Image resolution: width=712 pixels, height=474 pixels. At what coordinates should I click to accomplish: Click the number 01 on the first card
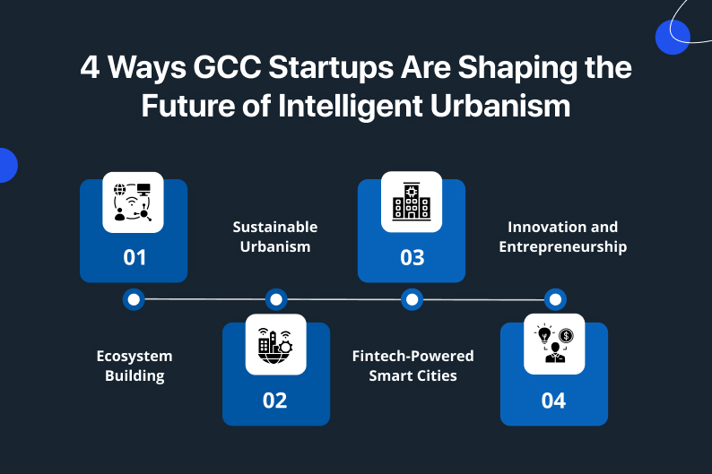coord(135,257)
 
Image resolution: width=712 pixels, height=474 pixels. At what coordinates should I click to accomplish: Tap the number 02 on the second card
coord(274,401)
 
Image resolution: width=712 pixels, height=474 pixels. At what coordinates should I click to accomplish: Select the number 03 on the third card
coord(412,257)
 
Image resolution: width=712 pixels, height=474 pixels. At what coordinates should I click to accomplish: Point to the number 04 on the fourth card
coord(553,401)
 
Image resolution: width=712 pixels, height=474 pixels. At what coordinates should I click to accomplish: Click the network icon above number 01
coord(133,203)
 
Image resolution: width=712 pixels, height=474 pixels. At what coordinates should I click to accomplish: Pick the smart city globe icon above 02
coord(275,345)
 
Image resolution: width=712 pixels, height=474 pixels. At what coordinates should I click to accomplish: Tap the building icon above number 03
coord(412,202)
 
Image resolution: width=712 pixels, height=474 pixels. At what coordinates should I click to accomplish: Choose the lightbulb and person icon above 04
coord(554,344)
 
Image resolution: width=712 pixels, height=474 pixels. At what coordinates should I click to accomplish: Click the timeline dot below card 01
coord(134,299)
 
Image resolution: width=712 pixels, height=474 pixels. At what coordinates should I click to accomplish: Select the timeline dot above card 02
coord(276,299)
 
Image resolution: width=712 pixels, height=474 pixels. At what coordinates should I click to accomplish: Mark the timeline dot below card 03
coord(412,299)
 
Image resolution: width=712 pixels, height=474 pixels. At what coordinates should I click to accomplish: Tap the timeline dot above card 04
coord(555,299)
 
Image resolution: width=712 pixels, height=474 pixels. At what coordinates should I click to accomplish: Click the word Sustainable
coord(275,227)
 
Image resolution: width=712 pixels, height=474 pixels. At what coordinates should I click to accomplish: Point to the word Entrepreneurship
coord(563,247)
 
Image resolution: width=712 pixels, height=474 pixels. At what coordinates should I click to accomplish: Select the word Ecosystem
coord(135,357)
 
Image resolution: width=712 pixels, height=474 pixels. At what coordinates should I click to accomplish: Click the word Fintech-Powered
coord(412,356)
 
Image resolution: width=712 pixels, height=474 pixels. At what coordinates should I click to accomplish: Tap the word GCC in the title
coord(227,67)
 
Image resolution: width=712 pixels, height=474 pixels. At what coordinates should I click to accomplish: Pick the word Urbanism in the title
coord(500,106)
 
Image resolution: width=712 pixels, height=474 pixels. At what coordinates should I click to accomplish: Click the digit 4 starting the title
coord(90,67)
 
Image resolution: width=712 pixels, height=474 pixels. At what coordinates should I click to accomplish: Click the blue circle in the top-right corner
coord(673,38)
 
